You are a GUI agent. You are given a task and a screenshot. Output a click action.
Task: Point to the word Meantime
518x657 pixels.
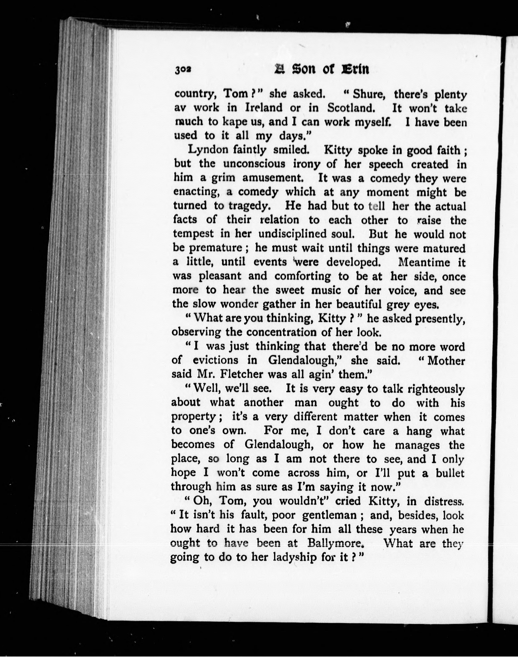click(424, 262)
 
